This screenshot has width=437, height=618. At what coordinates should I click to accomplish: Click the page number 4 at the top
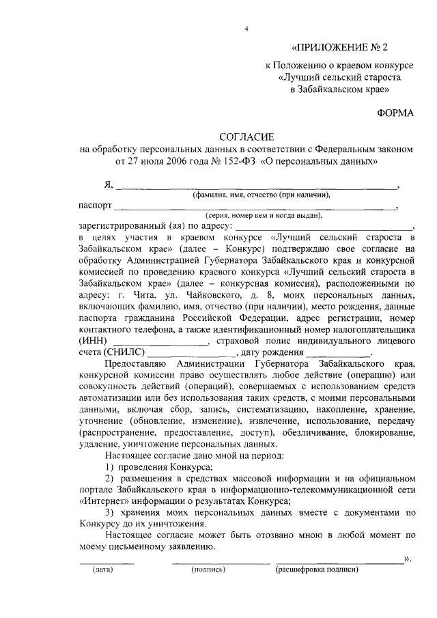tap(247, 27)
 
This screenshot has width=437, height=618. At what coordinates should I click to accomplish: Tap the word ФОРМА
tap(395, 112)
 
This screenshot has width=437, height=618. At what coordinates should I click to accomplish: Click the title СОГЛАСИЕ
tap(246, 138)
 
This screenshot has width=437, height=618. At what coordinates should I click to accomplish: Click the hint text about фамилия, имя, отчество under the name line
tap(261, 195)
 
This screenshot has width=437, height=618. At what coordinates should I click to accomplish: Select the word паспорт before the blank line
tap(95, 205)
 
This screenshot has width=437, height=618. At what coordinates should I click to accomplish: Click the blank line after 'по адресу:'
tap(324, 225)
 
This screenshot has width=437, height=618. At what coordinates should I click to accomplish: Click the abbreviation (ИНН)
tap(93, 340)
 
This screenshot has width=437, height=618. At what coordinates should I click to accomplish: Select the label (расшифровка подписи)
tap(315, 569)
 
